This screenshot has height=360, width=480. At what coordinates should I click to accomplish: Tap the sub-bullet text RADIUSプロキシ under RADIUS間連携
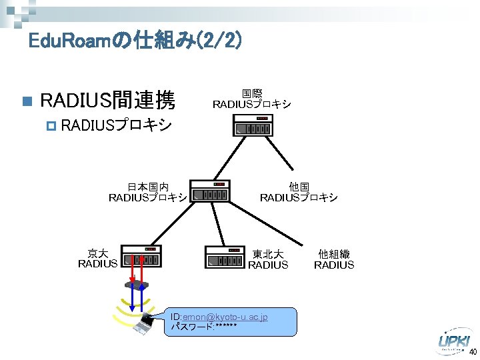click(x=121, y=125)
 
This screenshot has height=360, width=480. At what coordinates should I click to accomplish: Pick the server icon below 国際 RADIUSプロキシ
click(x=254, y=127)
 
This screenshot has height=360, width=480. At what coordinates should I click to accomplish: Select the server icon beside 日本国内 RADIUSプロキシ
click(x=210, y=191)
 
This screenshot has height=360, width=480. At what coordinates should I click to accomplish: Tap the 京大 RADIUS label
click(x=98, y=259)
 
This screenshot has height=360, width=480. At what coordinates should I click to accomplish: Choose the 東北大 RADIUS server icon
click(x=225, y=259)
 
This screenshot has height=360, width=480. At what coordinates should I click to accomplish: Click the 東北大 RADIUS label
click(x=268, y=259)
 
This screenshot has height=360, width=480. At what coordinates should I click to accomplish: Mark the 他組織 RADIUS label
click(x=334, y=259)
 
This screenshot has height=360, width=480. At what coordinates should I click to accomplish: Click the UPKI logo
click(x=455, y=341)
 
